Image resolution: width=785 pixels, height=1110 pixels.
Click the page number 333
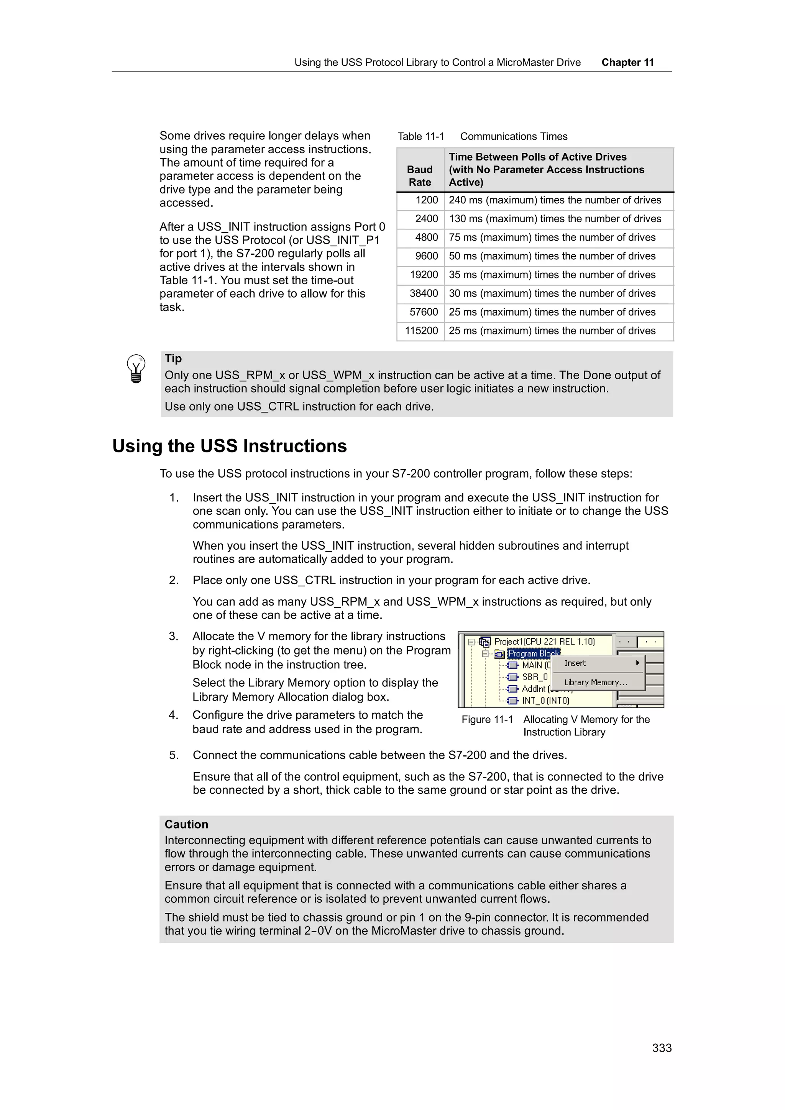point(661,1048)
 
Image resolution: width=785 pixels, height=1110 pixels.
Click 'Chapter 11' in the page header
point(627,62)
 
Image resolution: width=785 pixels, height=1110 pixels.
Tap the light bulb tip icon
point(136,368)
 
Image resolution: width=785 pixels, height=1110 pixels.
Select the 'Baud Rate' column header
point(419,175)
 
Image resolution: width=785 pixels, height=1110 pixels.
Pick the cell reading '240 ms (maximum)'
point(554,200)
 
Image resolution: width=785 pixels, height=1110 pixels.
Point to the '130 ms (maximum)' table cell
point(554,219)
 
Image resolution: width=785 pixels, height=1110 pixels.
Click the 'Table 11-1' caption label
point(420,136)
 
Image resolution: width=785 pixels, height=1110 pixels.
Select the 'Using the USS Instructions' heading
point(229,446)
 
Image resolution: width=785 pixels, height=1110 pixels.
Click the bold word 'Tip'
point(172,358)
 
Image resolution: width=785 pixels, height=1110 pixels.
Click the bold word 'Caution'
point(186,824)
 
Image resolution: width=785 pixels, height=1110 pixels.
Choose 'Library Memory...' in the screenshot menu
point(595,682)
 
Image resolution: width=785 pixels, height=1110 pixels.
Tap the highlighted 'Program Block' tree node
point(533,653)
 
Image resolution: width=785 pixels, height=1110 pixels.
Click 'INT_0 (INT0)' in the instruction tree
point(545,701)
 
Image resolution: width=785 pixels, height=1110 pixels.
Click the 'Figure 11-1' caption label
point(486,719)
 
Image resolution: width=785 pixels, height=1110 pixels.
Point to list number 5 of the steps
point(174,755)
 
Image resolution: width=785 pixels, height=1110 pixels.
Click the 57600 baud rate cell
point(424,312)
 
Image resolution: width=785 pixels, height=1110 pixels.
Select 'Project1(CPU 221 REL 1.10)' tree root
point(544,642)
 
